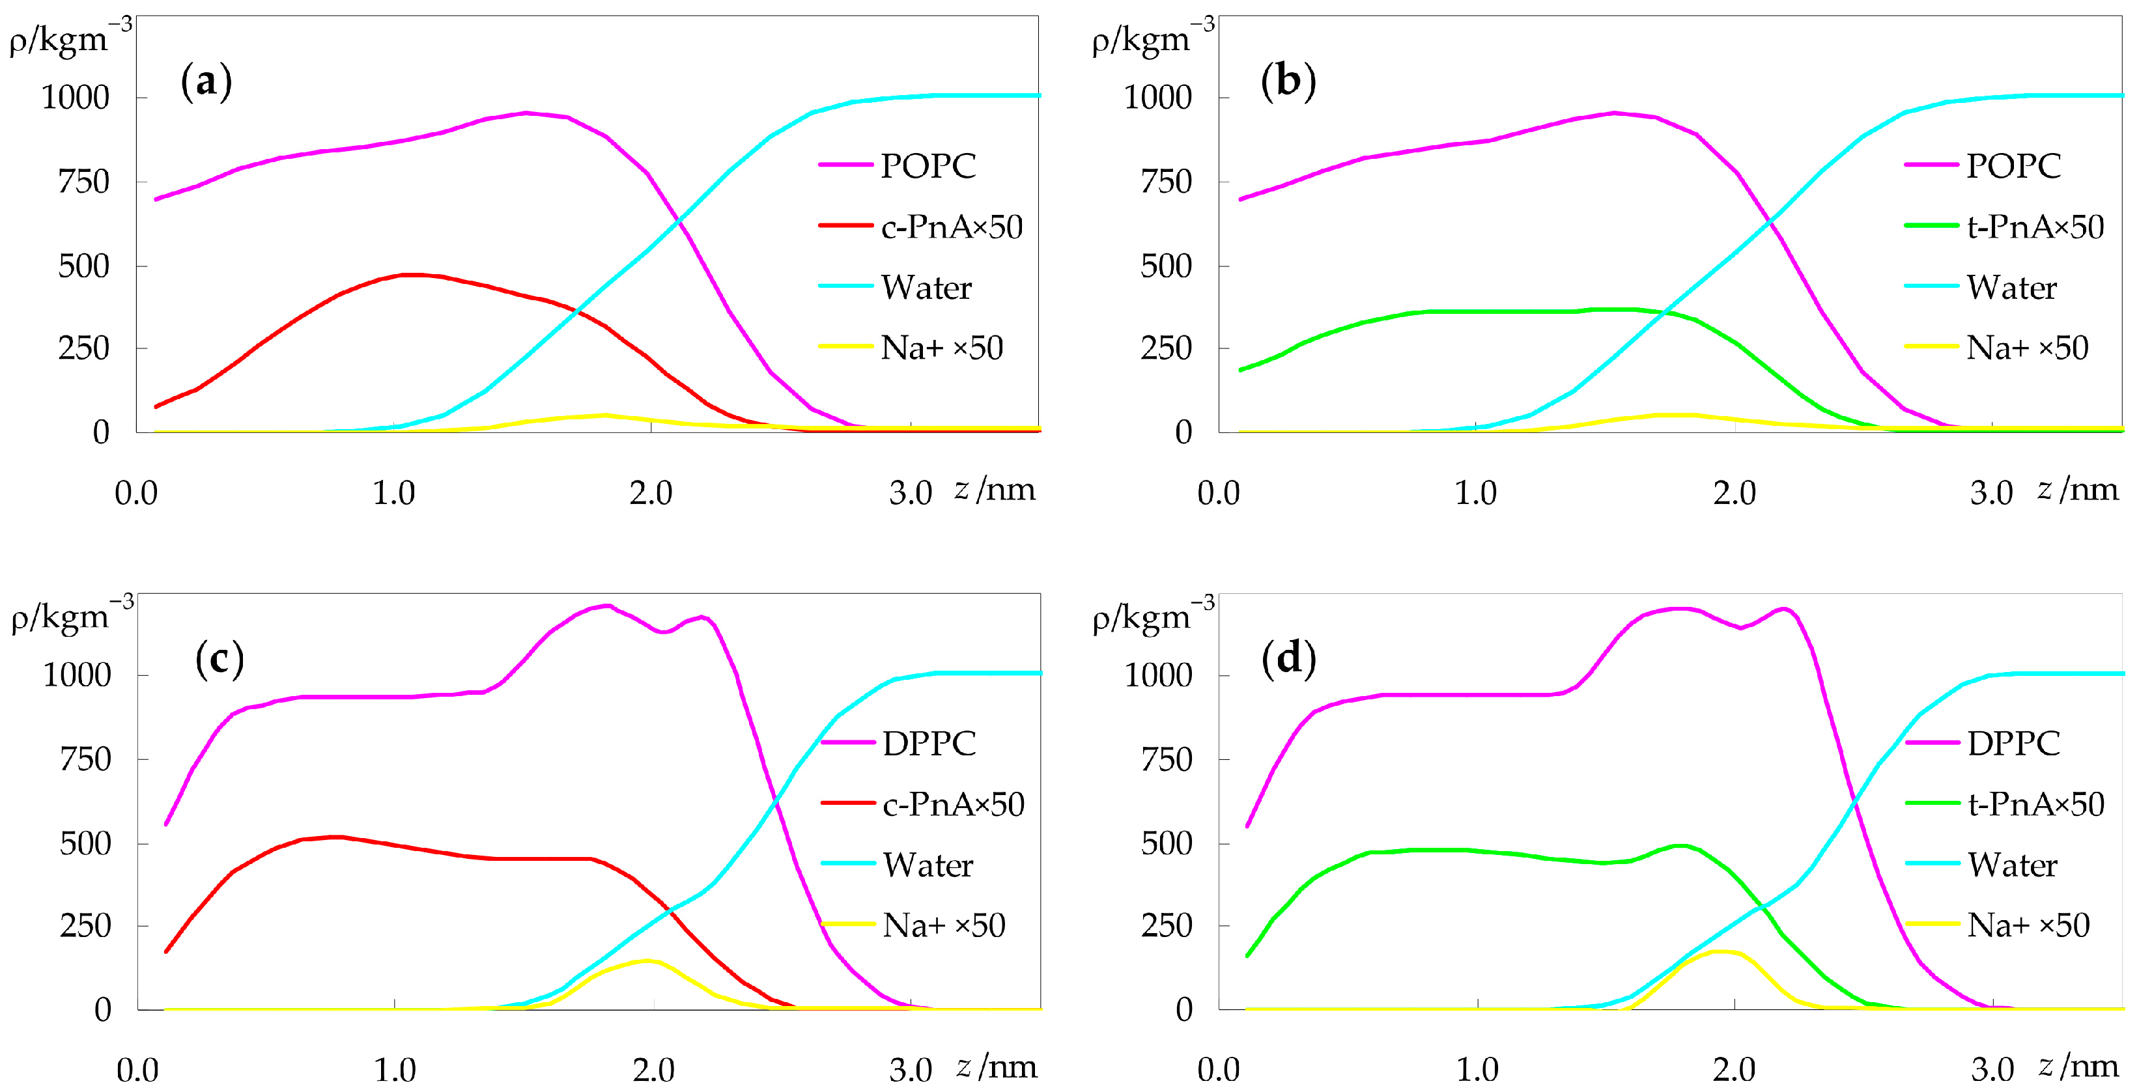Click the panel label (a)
click(x=206, y=82)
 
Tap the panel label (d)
click(x=1288, y=660)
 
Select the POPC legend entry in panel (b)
click(x=2013, y=165)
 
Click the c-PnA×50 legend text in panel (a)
click(x=952, y=227)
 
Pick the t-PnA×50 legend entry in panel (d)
click(x=2035, y=804)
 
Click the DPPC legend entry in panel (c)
click(x=928, y=743)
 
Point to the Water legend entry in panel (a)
click(x=926, y=287)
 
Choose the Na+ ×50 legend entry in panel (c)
click(x=943, y=925)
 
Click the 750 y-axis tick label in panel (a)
click(x=83, y=182)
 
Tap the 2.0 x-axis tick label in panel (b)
click(x=1734, y=494)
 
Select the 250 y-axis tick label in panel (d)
click(x=1166, y=925)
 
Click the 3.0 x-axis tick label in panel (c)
click(x=911, y=1071)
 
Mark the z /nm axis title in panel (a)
click(x=995, y=489)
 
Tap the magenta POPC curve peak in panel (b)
click(x=1613, y=113)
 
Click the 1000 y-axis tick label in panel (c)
click(x=76, y=675)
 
